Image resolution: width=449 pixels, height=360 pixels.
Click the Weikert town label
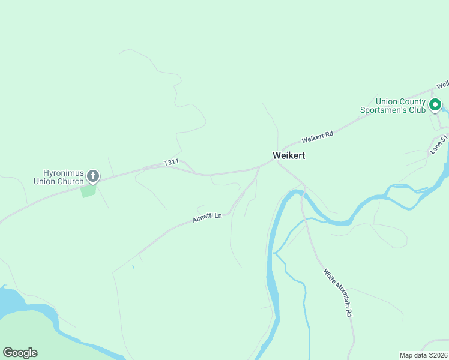click(x=289, y=155)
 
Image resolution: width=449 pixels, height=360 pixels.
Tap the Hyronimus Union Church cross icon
click(x=93, y=176)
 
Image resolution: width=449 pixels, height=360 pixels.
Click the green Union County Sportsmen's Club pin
click(x=435, y=104)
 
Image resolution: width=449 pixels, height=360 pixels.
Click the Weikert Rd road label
click(x=317, y=137)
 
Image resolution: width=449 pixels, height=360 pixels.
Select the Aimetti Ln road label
click(x=207, y=217)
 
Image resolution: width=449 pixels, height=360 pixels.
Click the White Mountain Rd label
click(x=337, y=292)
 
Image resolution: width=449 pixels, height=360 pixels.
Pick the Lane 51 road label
click(x=439, y=145)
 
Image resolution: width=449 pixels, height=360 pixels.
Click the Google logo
click(x=20, y=353)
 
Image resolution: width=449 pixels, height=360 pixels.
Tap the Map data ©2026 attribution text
click(x=423, y=355)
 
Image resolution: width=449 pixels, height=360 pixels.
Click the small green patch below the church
click(x=88, y=191)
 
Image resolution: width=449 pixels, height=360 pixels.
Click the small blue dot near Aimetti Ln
click(x=133, y=266)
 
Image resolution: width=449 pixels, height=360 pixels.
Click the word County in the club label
click(x=412, y=101)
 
